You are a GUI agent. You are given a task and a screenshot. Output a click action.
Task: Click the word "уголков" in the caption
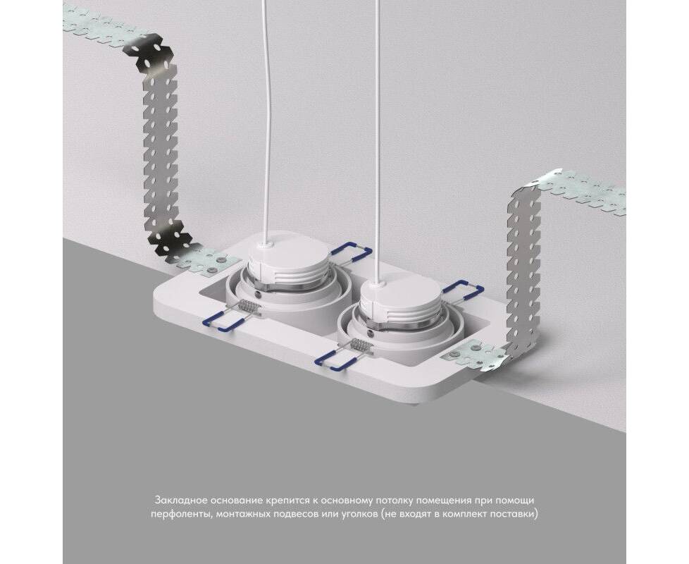pyautogui.click(x=356, y=514)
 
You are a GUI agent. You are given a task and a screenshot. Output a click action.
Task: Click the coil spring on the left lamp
pyautogui.click(x=249, y=305)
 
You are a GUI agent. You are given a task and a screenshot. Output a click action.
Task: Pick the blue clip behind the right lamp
pyautogui.click(x=463, y=290)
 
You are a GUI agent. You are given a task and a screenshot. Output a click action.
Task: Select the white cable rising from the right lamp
pyautogui.click(x=378, y=142)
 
